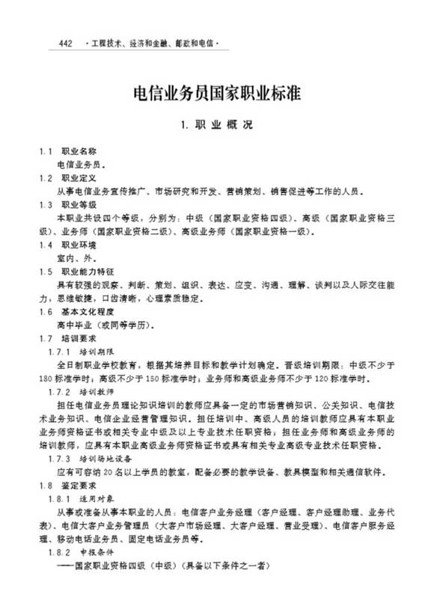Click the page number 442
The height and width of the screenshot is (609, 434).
[x=64, y=43]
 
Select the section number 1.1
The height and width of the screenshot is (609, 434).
[x=46, y=151]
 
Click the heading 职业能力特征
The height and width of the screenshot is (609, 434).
[x=87, y=271]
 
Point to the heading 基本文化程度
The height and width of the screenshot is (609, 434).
[x=87, y=311]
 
